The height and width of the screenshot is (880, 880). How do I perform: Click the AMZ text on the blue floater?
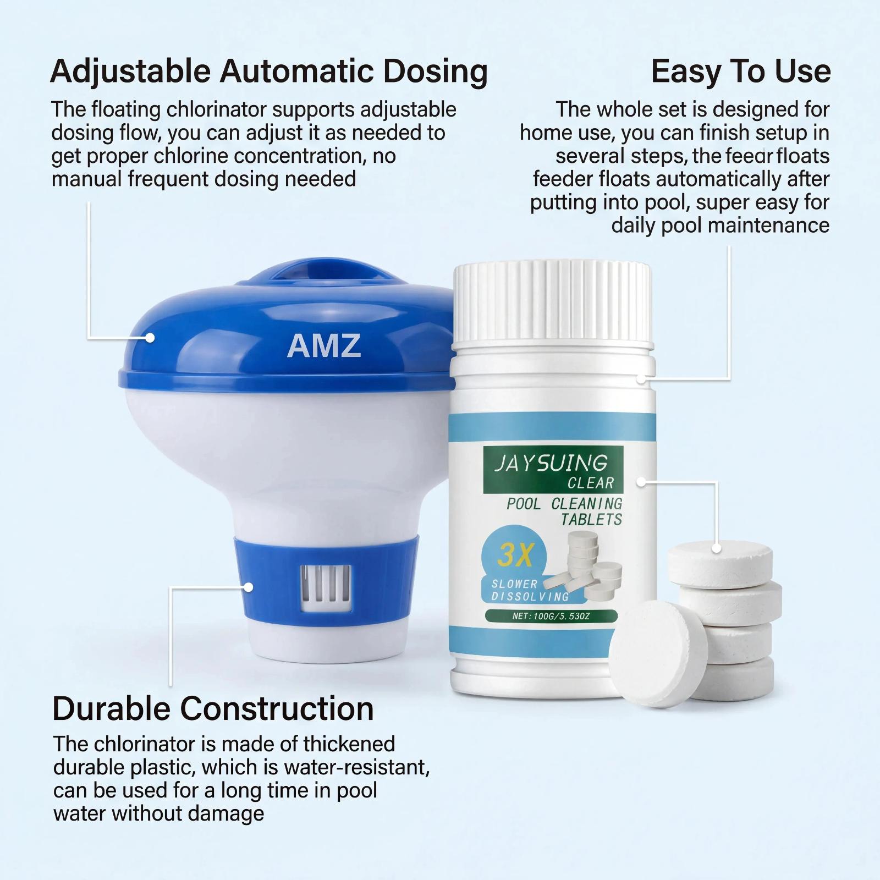click(x=324, y=345)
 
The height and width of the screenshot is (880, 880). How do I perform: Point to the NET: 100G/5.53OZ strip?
click(x=551, y=616)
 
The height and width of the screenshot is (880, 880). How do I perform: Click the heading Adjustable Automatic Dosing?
click(x=269, y=71)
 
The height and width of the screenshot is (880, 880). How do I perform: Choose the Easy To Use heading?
click(x=741, y=71)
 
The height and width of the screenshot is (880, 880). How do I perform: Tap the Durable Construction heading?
click(x=213, y=708)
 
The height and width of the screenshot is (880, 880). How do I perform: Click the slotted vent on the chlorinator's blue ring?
click(x=325, y=588)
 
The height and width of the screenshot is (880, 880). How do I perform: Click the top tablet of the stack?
click(x=720, y=564)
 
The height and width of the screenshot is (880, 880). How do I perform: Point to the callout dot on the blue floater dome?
click(x=150, y=338)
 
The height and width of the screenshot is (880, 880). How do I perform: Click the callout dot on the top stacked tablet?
click(x=717, y=548)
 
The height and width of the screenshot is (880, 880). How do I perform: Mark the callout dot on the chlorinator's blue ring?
click(x=249, y=587)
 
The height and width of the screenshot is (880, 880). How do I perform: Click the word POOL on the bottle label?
click(x=524, y=503)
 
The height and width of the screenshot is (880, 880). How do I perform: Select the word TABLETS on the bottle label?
click(x=591, y=519)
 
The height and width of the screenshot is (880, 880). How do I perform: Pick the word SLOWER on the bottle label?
click(x=507, y=584)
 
